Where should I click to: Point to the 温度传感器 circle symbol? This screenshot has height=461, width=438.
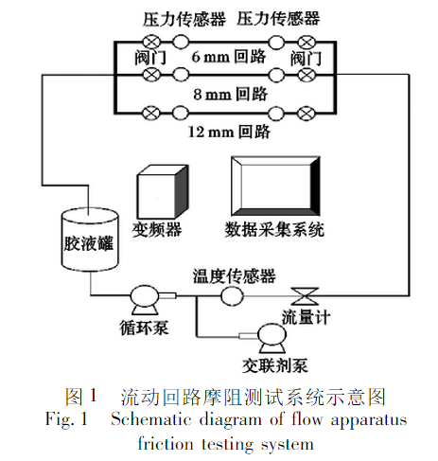(230, 295)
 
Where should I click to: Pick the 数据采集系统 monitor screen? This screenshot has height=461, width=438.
(274, 186)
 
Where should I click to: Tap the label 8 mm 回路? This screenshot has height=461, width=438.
(229, 95)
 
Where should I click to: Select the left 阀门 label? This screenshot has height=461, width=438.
(146, 59)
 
